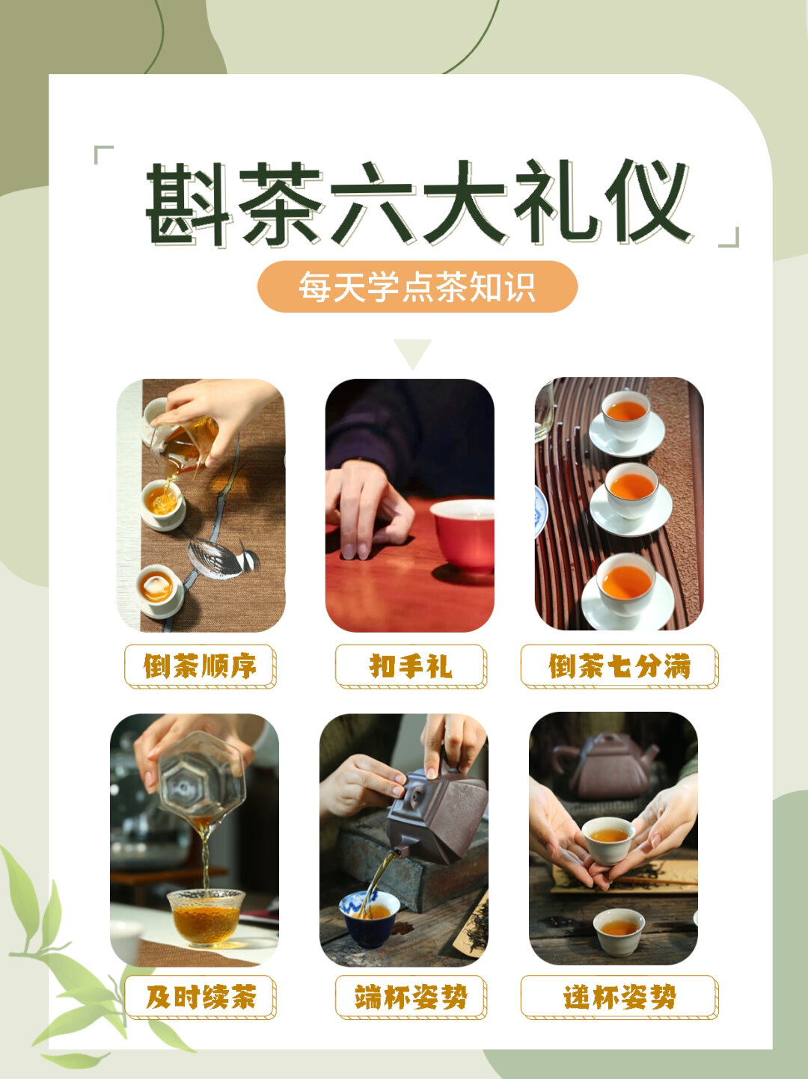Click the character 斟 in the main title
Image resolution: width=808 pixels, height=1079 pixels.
[189, 203]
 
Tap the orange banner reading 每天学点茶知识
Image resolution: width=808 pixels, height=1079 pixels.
[417, 286]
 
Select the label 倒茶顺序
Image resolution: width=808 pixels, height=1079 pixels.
[201, 666]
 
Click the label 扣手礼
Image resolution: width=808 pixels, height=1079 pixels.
[411, 666]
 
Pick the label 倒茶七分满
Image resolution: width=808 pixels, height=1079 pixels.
[619, 666]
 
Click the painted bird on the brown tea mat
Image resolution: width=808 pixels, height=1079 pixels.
[224, 558]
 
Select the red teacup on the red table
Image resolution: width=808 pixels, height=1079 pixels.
[463, 536]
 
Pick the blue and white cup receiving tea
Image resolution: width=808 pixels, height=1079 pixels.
[369, 918]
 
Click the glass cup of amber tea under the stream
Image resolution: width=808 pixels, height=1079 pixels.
[206, 918]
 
